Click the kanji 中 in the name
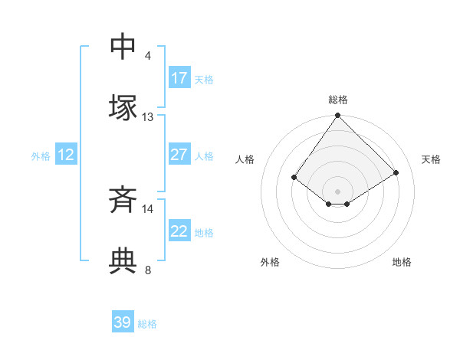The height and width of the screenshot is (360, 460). [x=123, y=47]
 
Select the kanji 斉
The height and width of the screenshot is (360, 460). [x=123, y=201]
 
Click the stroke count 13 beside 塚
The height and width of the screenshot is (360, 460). [x=148, y=117]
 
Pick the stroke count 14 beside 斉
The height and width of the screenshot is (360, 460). [x=148, y=208]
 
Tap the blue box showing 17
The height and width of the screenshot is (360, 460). [x=179, y=78]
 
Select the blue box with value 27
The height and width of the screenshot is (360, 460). [x=179, y=155]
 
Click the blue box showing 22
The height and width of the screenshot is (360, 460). [x=179, y=231]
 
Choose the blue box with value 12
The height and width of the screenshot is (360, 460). [x=66, y=155]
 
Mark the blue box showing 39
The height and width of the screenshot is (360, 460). [x=123, y=322]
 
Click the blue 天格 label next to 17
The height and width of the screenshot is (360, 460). [x=203, y=79]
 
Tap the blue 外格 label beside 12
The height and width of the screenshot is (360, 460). [x=41, y=156]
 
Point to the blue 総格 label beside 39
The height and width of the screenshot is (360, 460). [x=147, y=324]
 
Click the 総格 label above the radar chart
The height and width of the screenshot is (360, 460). [x=338, y=100]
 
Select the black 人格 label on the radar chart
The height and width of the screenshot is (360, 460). [x=245, y=159]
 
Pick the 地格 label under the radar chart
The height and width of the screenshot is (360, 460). [x=402, y=262]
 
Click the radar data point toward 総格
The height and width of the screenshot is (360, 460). [x=338, y=116]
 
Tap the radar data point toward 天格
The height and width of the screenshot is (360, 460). [x=396, y=173]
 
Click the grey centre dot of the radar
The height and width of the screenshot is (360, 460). [x=338, y=191]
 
